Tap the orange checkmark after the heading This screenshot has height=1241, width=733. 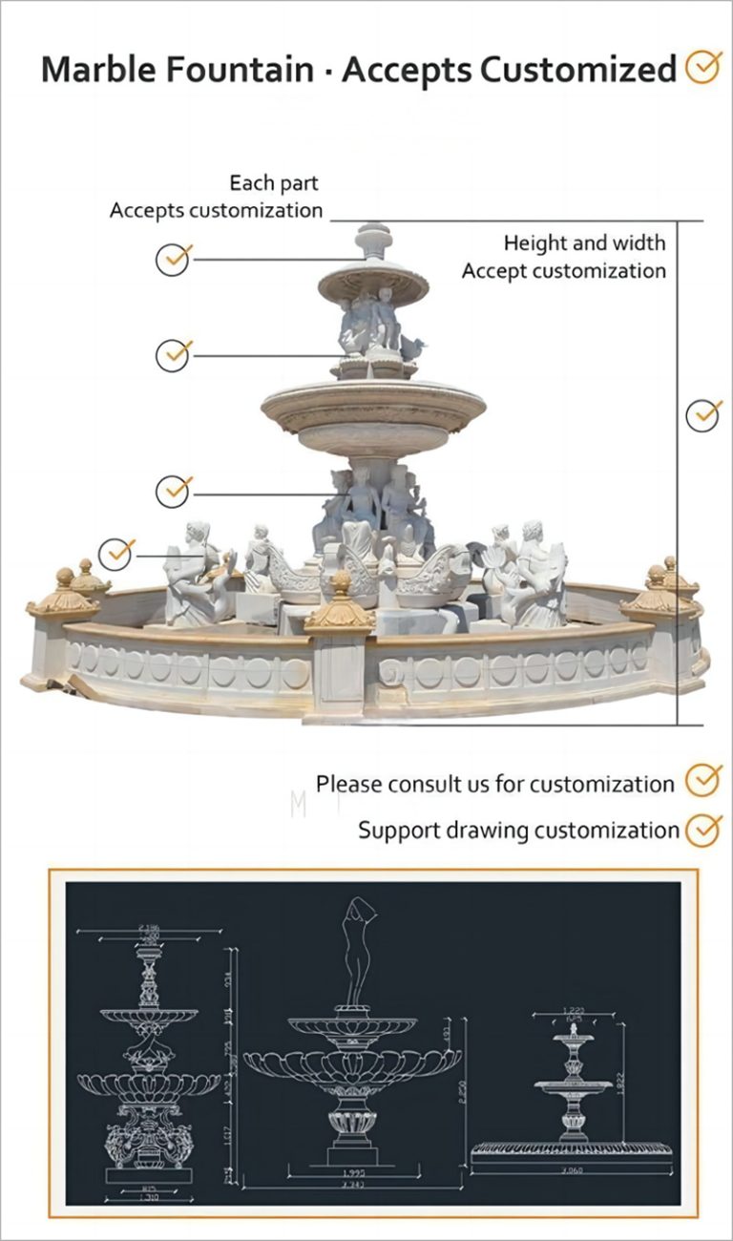coord(704,68)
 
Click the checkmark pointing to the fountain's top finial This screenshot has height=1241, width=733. coord(174,259)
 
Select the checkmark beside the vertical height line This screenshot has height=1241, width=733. coord(703,415)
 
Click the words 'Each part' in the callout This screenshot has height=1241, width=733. coord(274,182)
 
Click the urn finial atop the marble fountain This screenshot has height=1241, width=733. coord(373,240)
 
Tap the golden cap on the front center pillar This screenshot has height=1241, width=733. coord(340,605)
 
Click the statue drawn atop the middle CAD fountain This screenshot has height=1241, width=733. coord(358,951)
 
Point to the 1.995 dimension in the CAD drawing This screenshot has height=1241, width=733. coord(353,1171)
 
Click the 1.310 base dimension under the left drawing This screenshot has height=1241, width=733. coord(148,1198)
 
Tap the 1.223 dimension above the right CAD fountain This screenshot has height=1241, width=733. coord(574,1010)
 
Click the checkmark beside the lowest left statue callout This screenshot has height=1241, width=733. coord(117,553)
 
